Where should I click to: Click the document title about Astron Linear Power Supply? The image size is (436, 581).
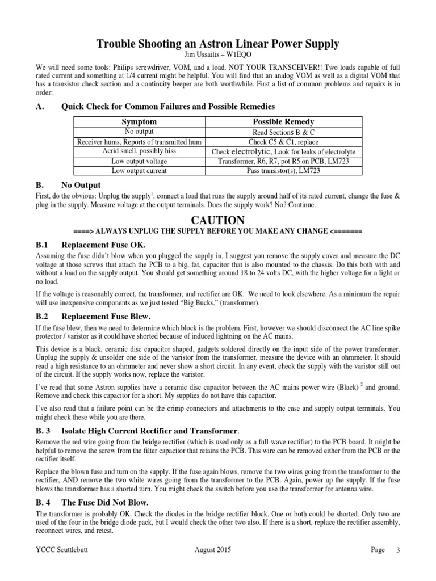pyautogui.click(x=217, y=43)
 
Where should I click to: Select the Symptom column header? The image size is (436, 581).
pyautogui.click(x=139, y=122)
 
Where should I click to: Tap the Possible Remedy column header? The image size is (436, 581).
pyautogui.click(x=283, y=122)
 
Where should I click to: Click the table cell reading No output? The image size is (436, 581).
pyautogui.click(x=139, y=132)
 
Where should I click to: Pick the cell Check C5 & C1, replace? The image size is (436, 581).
pyautogui.click(x=283, y=141)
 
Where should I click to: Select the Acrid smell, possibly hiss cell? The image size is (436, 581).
pyautogui.click(x=139, y=151)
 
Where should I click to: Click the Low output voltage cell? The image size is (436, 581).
pyautogui.click(x=139, y=161)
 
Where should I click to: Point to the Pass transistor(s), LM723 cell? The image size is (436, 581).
pyautogui.click(x=283, y=170)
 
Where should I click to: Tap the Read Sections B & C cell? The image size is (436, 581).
pyautogui.click(x=283, y=132)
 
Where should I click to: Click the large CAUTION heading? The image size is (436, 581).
pyautogui.click(x=218, y=220)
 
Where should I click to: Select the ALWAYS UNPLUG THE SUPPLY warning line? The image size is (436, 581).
pyautogui.click(x=218, y=231)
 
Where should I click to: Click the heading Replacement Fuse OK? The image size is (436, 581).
pyautogui.click(x=103, y=245)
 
